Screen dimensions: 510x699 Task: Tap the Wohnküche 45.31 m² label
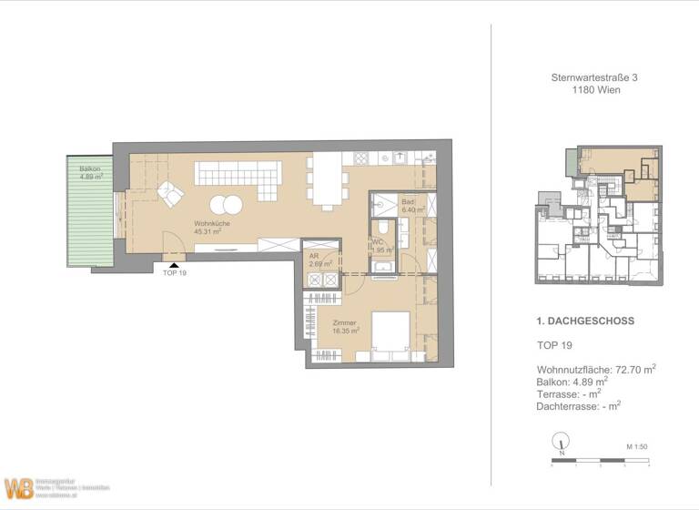coord(208,227)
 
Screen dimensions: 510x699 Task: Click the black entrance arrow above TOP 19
coord(175,263)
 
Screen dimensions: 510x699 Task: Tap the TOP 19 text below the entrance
coord(174,273)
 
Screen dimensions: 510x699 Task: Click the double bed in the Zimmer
coord(390,335)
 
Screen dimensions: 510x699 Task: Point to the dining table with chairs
coord(327,180)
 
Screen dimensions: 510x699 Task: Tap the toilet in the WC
coord(386,226)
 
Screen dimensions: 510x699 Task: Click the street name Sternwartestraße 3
coord(594,79)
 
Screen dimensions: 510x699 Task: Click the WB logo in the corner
coord(18,488)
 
